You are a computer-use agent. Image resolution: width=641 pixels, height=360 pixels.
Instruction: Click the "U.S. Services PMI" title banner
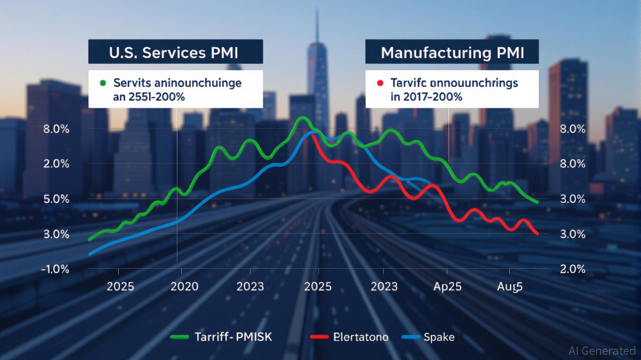pos(175,52)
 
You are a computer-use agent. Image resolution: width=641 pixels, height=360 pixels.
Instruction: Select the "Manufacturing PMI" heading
pos(452,52)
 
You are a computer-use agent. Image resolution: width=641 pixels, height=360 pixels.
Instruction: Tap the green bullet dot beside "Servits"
pos(103,83)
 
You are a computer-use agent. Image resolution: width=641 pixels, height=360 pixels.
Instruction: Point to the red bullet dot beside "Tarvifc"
pos(380,83)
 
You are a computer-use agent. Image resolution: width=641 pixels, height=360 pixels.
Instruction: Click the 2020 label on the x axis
pos(184,286)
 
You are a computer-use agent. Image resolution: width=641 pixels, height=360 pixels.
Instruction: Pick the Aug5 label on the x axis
pos(509,286)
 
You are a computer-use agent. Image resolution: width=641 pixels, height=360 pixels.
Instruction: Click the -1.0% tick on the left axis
pos(56,269)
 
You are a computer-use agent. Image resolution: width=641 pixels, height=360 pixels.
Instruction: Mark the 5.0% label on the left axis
pos(56,199)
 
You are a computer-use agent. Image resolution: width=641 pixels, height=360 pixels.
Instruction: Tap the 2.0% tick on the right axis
pos(573,269)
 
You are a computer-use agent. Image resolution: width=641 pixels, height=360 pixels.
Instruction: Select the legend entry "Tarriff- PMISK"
pos(233,337)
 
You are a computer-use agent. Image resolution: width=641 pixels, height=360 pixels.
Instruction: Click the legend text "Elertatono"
pos(361,337)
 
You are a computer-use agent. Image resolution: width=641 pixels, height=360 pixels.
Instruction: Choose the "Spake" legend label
pos(439,337)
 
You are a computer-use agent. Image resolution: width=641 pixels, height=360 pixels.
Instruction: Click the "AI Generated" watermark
pos(602,351)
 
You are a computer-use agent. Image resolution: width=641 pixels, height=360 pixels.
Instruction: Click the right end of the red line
pos(537,233)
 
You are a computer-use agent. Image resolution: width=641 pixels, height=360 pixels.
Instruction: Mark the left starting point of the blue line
pos(89,255)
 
